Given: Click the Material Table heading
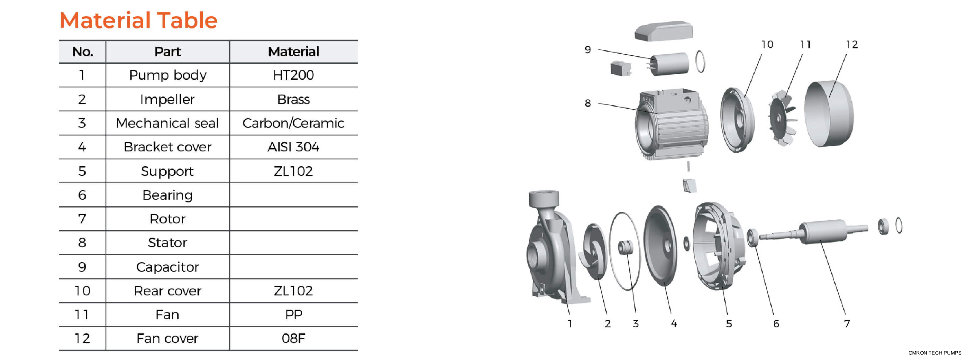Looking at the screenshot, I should [138, 20].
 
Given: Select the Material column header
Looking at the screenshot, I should [293, 52].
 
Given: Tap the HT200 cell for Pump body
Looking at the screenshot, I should [293, 75].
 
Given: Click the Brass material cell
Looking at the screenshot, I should [293, 100].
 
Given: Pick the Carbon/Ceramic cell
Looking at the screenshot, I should [293, 123].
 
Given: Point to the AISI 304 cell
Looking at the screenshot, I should [293, 147].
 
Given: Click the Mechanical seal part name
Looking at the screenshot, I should [167, 123].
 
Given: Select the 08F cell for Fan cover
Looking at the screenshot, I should [293, 339].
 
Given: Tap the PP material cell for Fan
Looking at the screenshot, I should [293, 315].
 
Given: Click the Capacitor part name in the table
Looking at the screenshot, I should [167, 267].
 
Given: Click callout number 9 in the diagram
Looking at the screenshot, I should [588, 50].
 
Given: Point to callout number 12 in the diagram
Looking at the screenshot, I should [852, 44].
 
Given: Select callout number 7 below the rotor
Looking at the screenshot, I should [847, 324].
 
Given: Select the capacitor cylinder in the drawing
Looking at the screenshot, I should [669, 64].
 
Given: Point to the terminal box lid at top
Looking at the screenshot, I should [663, 31].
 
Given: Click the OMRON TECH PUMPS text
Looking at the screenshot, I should [934, 353].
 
